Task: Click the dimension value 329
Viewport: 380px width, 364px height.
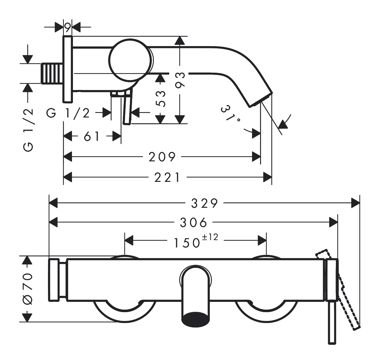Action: pyautogui.click(x=204, y=203)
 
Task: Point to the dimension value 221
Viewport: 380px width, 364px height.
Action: pyautogui.click(x=167, y=177)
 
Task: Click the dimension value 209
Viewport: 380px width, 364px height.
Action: pyautogui.click(x=162, y=157)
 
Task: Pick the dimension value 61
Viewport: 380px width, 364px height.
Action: pyautogui.click(x=92, y=137)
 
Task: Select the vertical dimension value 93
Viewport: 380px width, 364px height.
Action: pyautogui.click(x=180, y=80)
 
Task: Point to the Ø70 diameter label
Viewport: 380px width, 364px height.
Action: pyautogui.click(x=28, y=288)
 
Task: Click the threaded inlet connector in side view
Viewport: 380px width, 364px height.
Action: pyautogui.click(x=52, y=73)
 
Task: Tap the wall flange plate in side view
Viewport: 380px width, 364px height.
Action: pyautogui.click(x=68, y=69)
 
